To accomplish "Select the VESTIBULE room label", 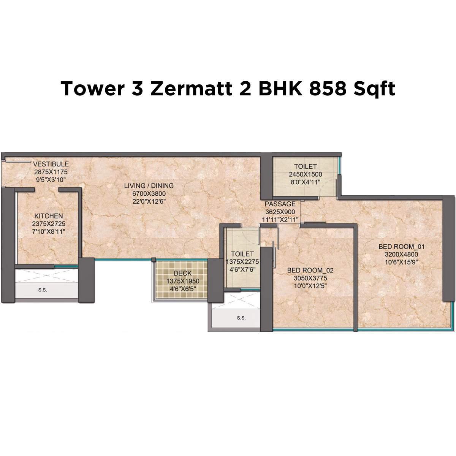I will [x=51, y=164].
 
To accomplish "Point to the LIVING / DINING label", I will [x=149, y=186].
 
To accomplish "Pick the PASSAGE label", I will [x=280, y=204].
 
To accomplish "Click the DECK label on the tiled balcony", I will [x=182, y=273].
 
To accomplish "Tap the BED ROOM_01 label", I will [x=401, y=247].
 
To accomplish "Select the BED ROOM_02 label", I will [x=310, y=270].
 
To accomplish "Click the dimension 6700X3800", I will [x=149, y=193].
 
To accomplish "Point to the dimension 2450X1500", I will [x=305, y=174].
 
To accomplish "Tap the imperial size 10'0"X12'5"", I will [x=310, y=285].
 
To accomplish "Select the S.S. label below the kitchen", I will [x=43, y=290].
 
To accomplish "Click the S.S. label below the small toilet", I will [x=241, y=318].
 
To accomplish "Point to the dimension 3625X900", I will [x=280, y=212].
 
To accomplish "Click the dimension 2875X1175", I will [x=51, y=172].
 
